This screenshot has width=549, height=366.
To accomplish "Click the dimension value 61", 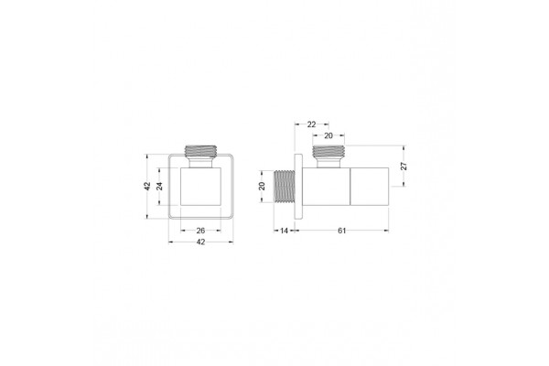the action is [x=341, y=231].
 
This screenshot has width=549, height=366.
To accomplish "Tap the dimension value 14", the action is [x=284, y=231].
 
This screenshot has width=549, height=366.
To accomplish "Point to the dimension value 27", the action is [x=404, y=166].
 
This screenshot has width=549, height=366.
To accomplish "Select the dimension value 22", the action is [x=311, y=124].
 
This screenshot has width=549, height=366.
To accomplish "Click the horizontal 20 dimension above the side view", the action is [x=328, y=136].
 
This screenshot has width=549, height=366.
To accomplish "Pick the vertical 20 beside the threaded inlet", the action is [x=262, y=186].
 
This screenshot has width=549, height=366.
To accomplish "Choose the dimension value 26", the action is [x=200, y=231].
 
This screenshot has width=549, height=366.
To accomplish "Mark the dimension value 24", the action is [x=159, y=186].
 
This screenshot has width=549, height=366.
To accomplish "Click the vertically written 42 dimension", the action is [x=147, y=186].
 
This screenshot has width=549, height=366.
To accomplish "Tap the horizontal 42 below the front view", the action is [x=200, y=242].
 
